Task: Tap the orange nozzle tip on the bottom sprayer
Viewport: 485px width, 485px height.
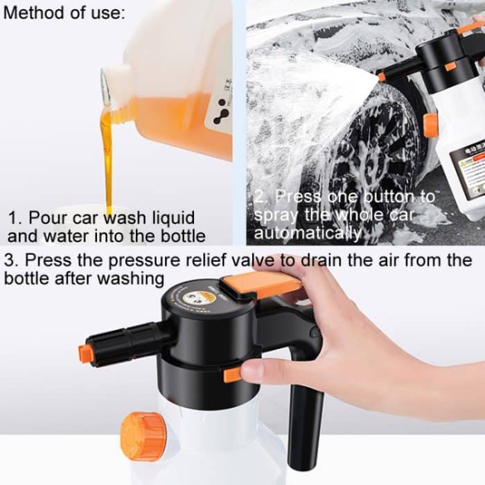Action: (x=86, y=353)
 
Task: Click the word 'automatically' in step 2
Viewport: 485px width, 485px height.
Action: (x=308, y=233)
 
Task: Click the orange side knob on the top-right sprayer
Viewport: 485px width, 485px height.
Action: (x=431, y=125)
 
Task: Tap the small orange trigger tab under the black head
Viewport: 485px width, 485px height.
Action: (x=233, y=375)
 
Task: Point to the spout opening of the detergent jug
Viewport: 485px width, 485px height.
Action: (x=105, y=86)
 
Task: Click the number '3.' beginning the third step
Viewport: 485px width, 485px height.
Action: (x=12, y=262)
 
